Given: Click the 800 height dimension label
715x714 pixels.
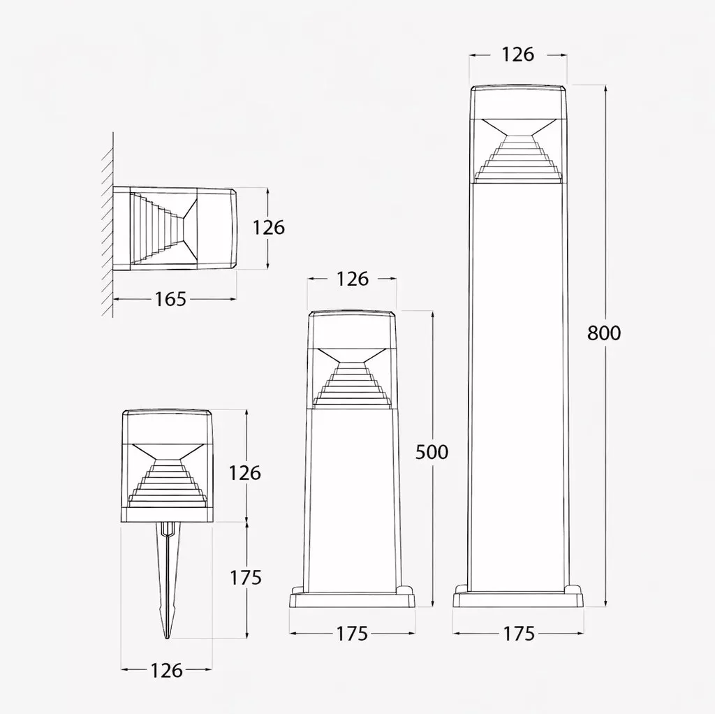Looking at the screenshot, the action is [x=604, y=333].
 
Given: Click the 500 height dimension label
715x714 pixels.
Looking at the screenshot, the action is [x=432, y=452].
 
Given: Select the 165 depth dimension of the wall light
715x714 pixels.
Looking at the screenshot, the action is [x=170, y=299].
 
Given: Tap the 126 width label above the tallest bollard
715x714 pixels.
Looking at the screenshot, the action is [x=518, y=54].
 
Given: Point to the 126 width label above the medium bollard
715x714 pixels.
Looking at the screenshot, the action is [x=353, y=279].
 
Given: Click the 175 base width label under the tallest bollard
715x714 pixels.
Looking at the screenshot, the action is [x=519, y=634].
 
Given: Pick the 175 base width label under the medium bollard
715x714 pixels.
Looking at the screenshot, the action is [x=352, y=634].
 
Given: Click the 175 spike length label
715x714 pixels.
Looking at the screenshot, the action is [x=245, y=578].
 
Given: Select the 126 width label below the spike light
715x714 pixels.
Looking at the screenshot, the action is [x=166, y=670].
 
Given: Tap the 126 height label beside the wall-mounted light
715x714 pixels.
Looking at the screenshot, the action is [x=269, y=228].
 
